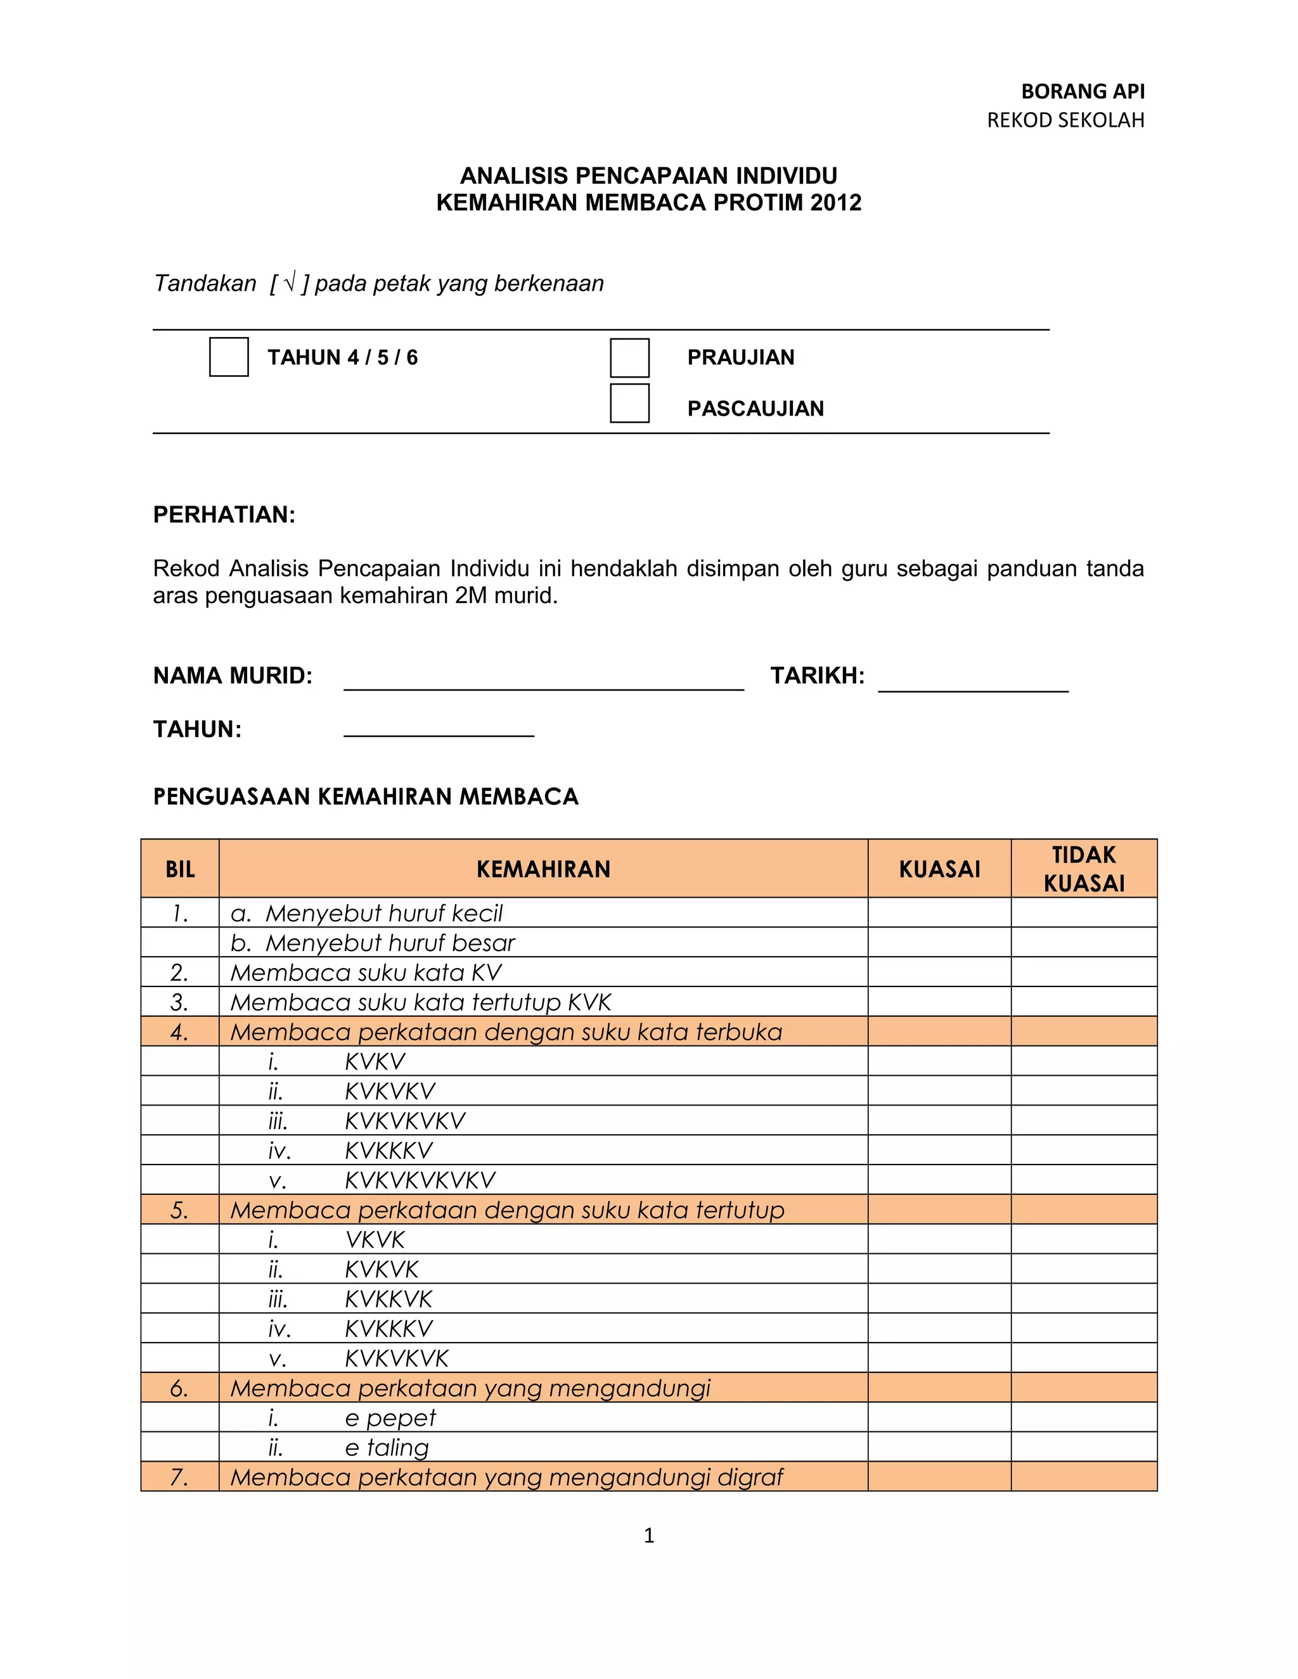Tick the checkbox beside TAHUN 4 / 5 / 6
point(228,357)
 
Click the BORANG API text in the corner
point(1082,91)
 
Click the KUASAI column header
point(939,869)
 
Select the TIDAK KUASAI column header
point(1083,869)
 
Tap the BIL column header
point(180,869)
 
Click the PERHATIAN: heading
point(224,514)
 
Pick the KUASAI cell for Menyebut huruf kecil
point(939,912)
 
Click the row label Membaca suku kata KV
point(366,973)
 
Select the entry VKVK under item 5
point(375,1239)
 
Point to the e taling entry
point(387,1448)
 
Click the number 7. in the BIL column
point(179,1477)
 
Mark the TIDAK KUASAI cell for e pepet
point(1083,1417)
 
